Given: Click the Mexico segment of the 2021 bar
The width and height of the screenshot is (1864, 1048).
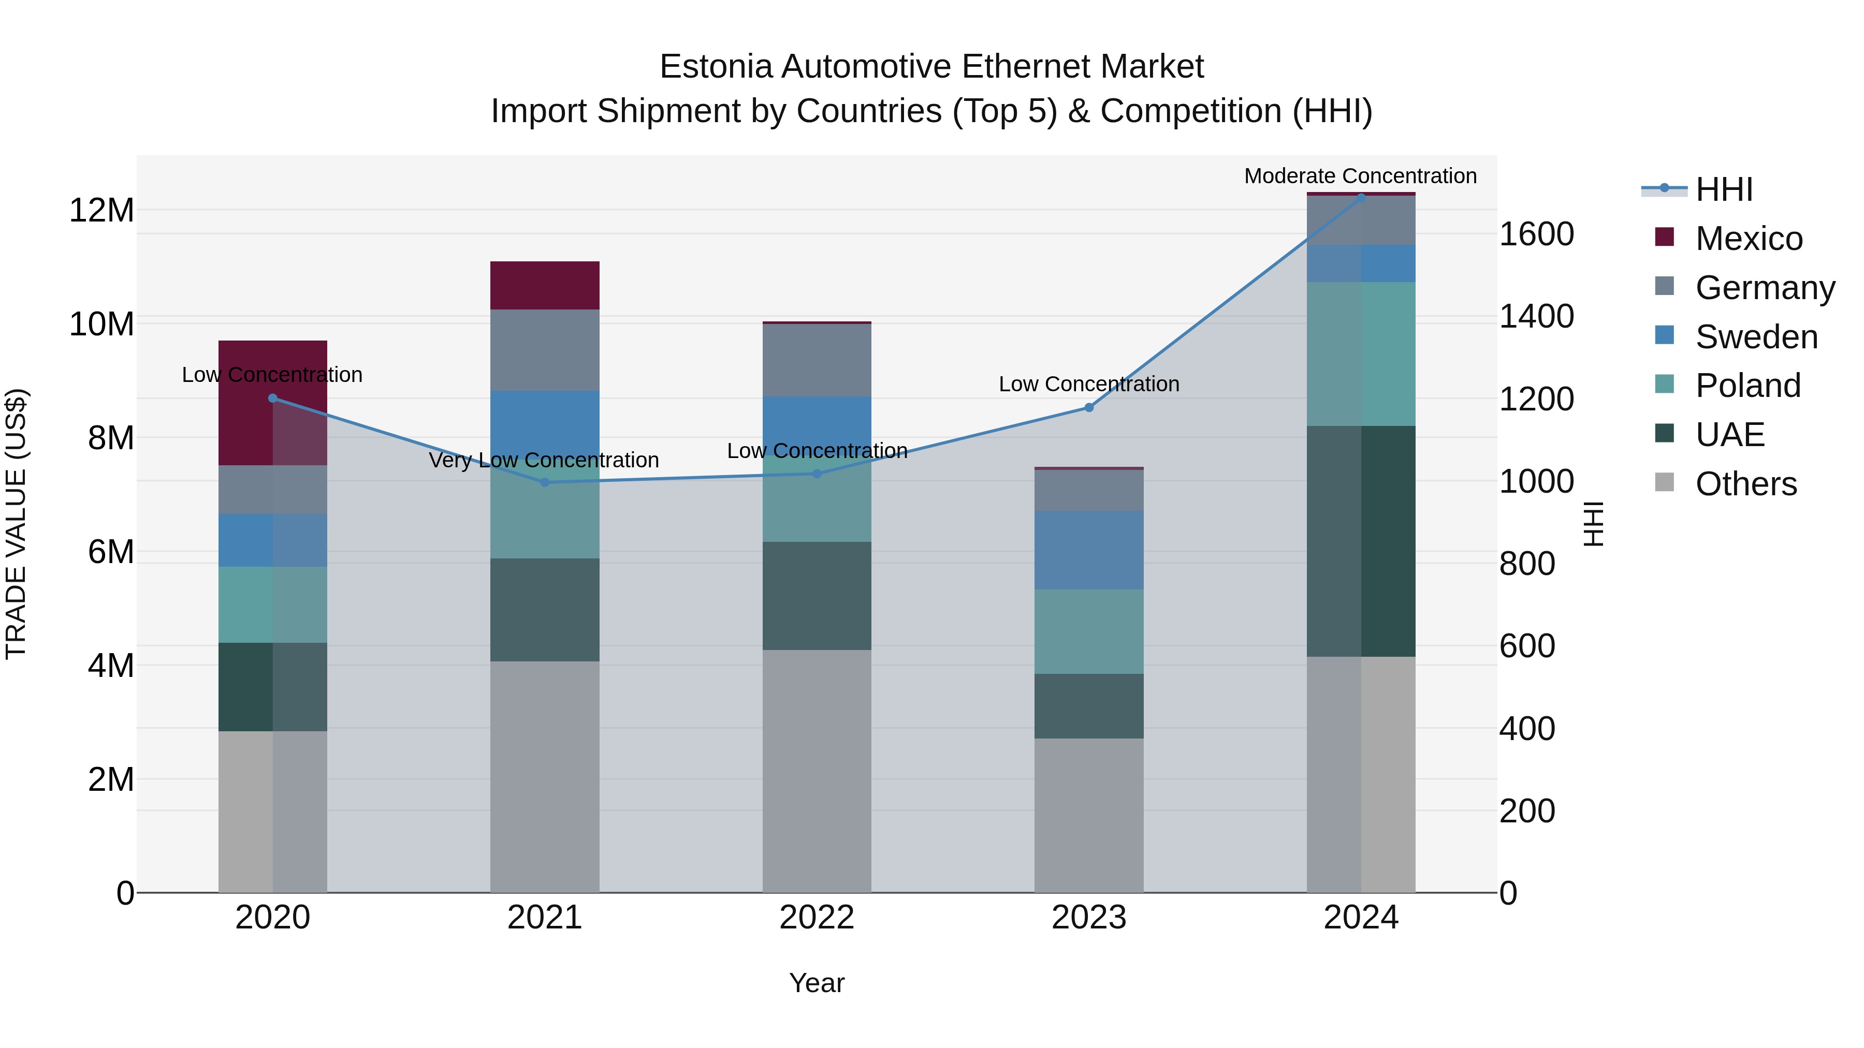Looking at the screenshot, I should point(545,285).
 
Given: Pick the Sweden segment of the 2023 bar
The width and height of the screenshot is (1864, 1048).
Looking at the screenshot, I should point(1089,550).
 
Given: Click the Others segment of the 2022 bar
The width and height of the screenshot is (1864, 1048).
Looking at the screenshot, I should point(817,770).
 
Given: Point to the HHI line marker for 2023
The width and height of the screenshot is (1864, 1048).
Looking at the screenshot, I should point(1089,407).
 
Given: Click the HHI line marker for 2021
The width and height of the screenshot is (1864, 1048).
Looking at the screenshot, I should point(545,482).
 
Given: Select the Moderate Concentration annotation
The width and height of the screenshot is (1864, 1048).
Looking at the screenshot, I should point(1360,176).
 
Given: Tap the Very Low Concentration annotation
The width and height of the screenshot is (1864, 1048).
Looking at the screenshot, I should point(544,460).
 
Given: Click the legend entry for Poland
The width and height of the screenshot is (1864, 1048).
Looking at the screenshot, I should point(1747,386).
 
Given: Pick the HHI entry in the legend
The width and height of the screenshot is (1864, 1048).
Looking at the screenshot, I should point(1724,189).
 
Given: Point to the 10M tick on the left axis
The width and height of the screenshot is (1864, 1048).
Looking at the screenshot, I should point(101,324).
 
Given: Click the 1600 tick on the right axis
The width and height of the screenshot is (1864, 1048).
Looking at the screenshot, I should point(1536,234).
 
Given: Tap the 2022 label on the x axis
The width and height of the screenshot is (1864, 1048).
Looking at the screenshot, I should point(817,918).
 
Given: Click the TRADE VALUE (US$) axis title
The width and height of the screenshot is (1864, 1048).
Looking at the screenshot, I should point(16,524).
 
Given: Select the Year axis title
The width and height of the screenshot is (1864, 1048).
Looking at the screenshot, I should point(817,983).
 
